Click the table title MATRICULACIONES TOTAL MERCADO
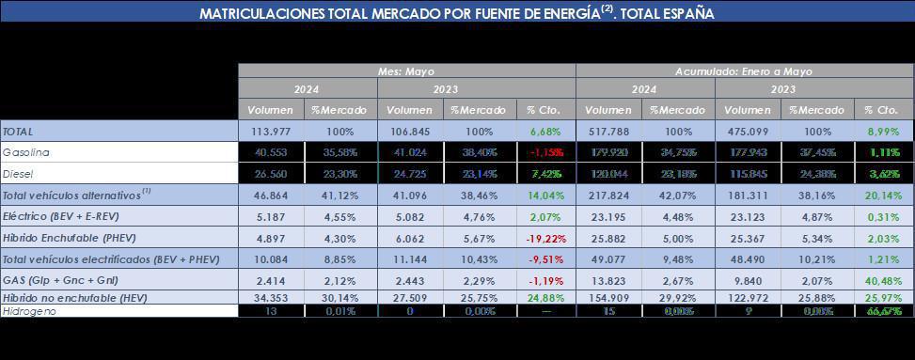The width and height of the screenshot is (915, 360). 457,14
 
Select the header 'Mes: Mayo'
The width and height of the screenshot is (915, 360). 406,71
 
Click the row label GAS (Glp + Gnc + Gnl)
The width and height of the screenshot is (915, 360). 55,280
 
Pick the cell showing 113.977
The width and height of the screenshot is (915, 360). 273,131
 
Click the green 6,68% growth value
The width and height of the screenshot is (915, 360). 545,131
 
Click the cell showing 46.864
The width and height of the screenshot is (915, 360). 274,195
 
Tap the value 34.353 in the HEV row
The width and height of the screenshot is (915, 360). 274,298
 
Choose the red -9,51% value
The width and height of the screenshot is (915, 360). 545,259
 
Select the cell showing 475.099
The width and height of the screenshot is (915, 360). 749,131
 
